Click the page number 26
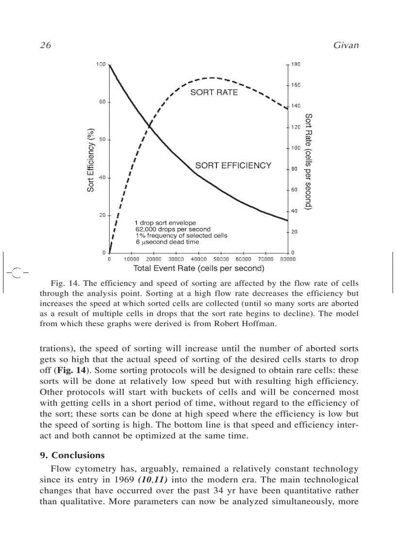45,45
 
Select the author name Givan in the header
346,45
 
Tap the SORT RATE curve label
214,92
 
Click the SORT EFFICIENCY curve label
233,165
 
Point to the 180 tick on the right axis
296,64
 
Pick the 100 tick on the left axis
100,64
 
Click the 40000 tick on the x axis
198,259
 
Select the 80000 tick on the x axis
288,259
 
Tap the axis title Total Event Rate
198,268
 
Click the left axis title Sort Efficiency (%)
91,160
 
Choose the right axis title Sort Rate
308,162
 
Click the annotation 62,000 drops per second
173,229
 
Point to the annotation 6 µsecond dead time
167,242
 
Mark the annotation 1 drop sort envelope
165,223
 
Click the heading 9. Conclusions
72,455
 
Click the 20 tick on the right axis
294,231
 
